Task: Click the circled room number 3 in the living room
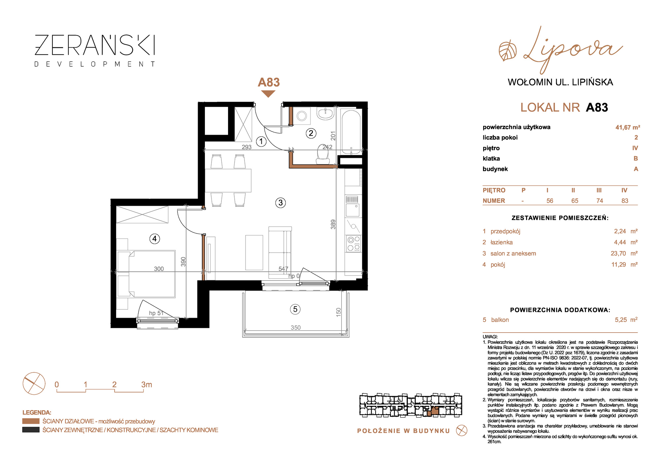pos(280,202)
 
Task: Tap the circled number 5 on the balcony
pos(295,309)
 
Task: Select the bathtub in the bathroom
pos(351,132)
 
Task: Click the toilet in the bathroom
pos(323,155)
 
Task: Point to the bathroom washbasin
pos(326,113)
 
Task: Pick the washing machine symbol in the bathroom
pos(302,116)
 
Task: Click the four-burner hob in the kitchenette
pos(353,243)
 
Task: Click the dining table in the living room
pos(228,181)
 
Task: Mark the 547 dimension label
pos(283,269)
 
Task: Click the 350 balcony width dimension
pos(296,327)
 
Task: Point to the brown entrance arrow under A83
pos(268,94)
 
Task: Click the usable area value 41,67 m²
pos(628,127)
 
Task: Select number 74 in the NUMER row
pos(600,201)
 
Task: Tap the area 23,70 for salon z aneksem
pos(618,253)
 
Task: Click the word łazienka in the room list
pos(502,242)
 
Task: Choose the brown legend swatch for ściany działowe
pos(31,421)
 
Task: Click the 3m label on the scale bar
pos(147,384)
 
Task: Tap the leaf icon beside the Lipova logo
pos(508,51)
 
